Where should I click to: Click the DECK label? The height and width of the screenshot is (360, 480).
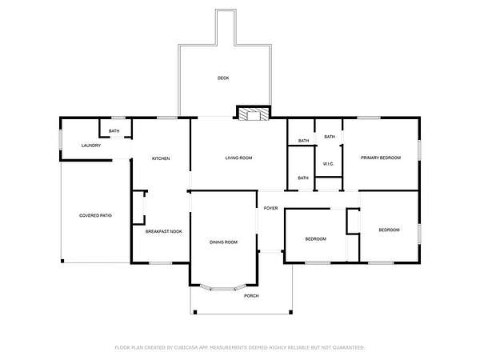pos(223,78)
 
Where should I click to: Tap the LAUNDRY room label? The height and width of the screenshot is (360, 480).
pos(91,146)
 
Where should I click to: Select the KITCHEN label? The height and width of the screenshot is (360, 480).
pos(161,158)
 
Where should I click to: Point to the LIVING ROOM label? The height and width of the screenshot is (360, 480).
pos(238,158)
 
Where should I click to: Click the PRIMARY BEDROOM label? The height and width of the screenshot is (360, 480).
pos(381,158)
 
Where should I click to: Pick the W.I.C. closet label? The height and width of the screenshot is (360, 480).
pos(328,164)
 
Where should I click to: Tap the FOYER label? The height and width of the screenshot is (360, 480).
pos(271,208)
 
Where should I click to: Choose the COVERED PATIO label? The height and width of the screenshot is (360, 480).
pos(95,215)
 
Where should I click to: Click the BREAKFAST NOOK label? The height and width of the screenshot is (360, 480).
pos(164,231)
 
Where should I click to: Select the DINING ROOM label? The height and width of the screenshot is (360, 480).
pos(223,242)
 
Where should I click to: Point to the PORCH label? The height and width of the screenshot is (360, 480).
pos(251,296)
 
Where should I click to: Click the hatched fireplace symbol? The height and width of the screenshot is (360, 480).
pos(254,114)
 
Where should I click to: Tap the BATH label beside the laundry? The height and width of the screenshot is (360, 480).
pos(114,131)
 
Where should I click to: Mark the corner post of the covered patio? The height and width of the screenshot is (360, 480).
pos(62,261)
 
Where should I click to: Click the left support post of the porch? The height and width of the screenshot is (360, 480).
pos(195,312)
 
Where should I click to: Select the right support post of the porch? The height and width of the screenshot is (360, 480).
pos(291,312)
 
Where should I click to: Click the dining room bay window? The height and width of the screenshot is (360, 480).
pos(223,288)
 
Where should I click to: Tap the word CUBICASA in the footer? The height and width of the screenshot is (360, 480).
pos(186,347)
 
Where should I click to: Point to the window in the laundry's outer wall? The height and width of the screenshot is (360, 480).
pos(61,140)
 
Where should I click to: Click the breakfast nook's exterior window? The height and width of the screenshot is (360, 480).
pos(161,263)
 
